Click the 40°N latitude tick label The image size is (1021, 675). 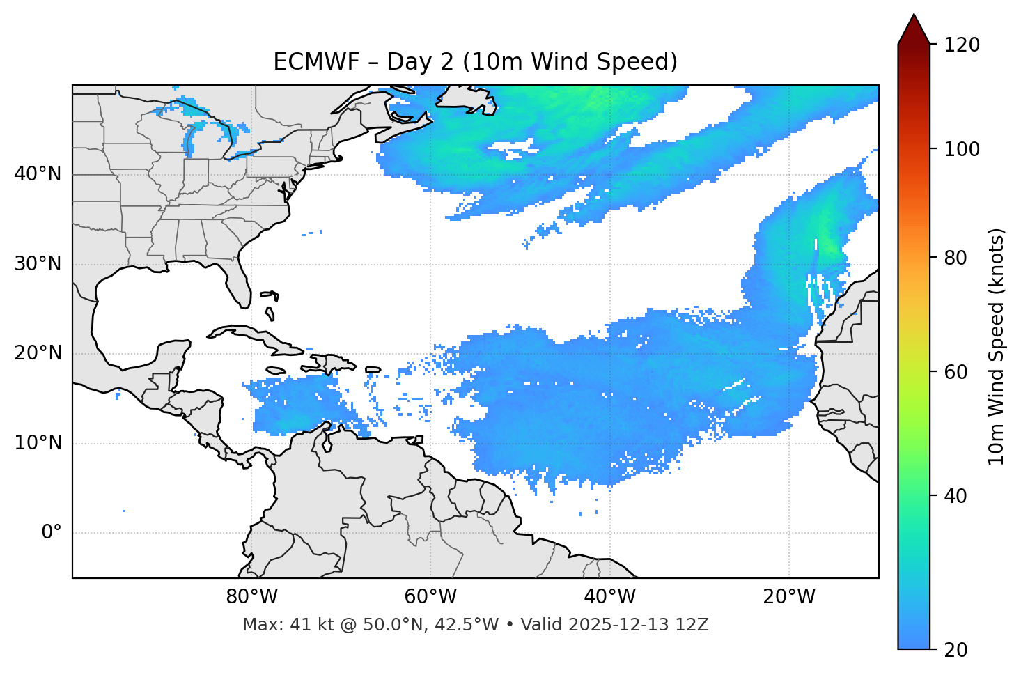[38, 174]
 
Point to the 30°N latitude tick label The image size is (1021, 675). [38, 264]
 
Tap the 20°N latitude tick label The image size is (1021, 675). [38, 353]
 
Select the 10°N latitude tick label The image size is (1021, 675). [38, 443]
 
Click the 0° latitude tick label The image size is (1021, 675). [52, 533]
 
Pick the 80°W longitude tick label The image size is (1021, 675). [251, 597]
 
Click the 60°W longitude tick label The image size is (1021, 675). [430, 597]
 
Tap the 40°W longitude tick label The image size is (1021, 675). [609, 597]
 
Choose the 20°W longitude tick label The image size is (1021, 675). [789, 597]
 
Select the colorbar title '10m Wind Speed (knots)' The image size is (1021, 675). [997, 346]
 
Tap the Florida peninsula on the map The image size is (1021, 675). [239, 282]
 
